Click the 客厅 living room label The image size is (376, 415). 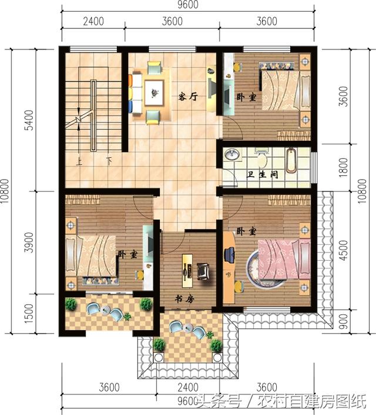pyautogui.click(x=188, y=97)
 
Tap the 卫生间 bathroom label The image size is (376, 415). pyautogui.click(x=263, y=175)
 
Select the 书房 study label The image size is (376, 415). pyautogui.click(x=184, y=299)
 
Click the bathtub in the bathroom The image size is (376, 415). pyautogui.click(x=291, y=161)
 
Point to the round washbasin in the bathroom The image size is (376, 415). pyautogui.click(x=232, y=155)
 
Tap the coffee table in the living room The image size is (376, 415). pyautogui.click(x=154, y=93)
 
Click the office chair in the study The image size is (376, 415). pyautogui.click(x=203, y=271)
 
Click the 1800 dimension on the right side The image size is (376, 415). pyautogui.click(x=343, y=168)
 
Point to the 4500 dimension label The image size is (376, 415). pyautogui.click(x=343, y=250)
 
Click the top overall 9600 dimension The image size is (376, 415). pyautogui.click(x=188, y=5)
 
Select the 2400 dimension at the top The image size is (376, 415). pyautogui.click(x=93, y=21)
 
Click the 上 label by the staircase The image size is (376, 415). pyautogui.click(x=79, y=161)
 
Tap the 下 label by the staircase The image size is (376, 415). pyautogui.click(x=109, y=161)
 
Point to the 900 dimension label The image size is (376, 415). pyautogui.click(x=343, y=321)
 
